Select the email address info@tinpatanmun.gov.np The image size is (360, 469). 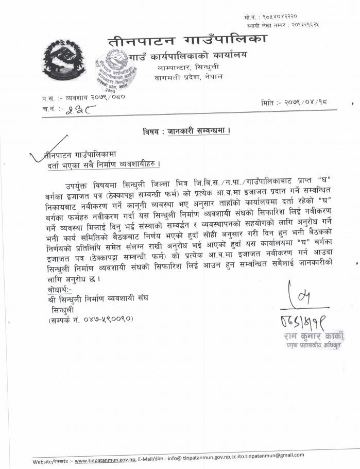(203, 456)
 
